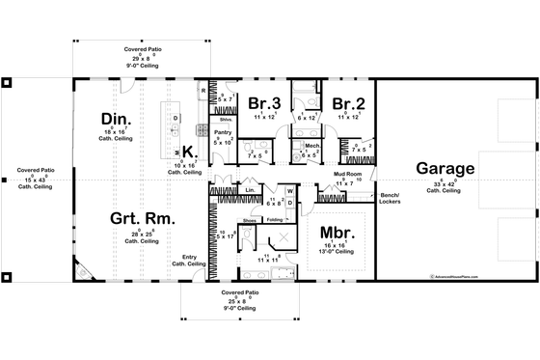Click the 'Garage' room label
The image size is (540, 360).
pyautogui.click(x=445, y=169)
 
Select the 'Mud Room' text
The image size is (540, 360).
pyautogui.click(x=346, y=174)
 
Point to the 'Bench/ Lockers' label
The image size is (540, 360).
pyautogui.click(x=390, y=197)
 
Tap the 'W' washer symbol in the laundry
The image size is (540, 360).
pyautogui.click(x=289, y=191)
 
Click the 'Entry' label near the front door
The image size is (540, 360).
pyautogui.click(x=177, y=257)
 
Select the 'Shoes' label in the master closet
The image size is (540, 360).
pyautogui.click(x=250, y=220)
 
